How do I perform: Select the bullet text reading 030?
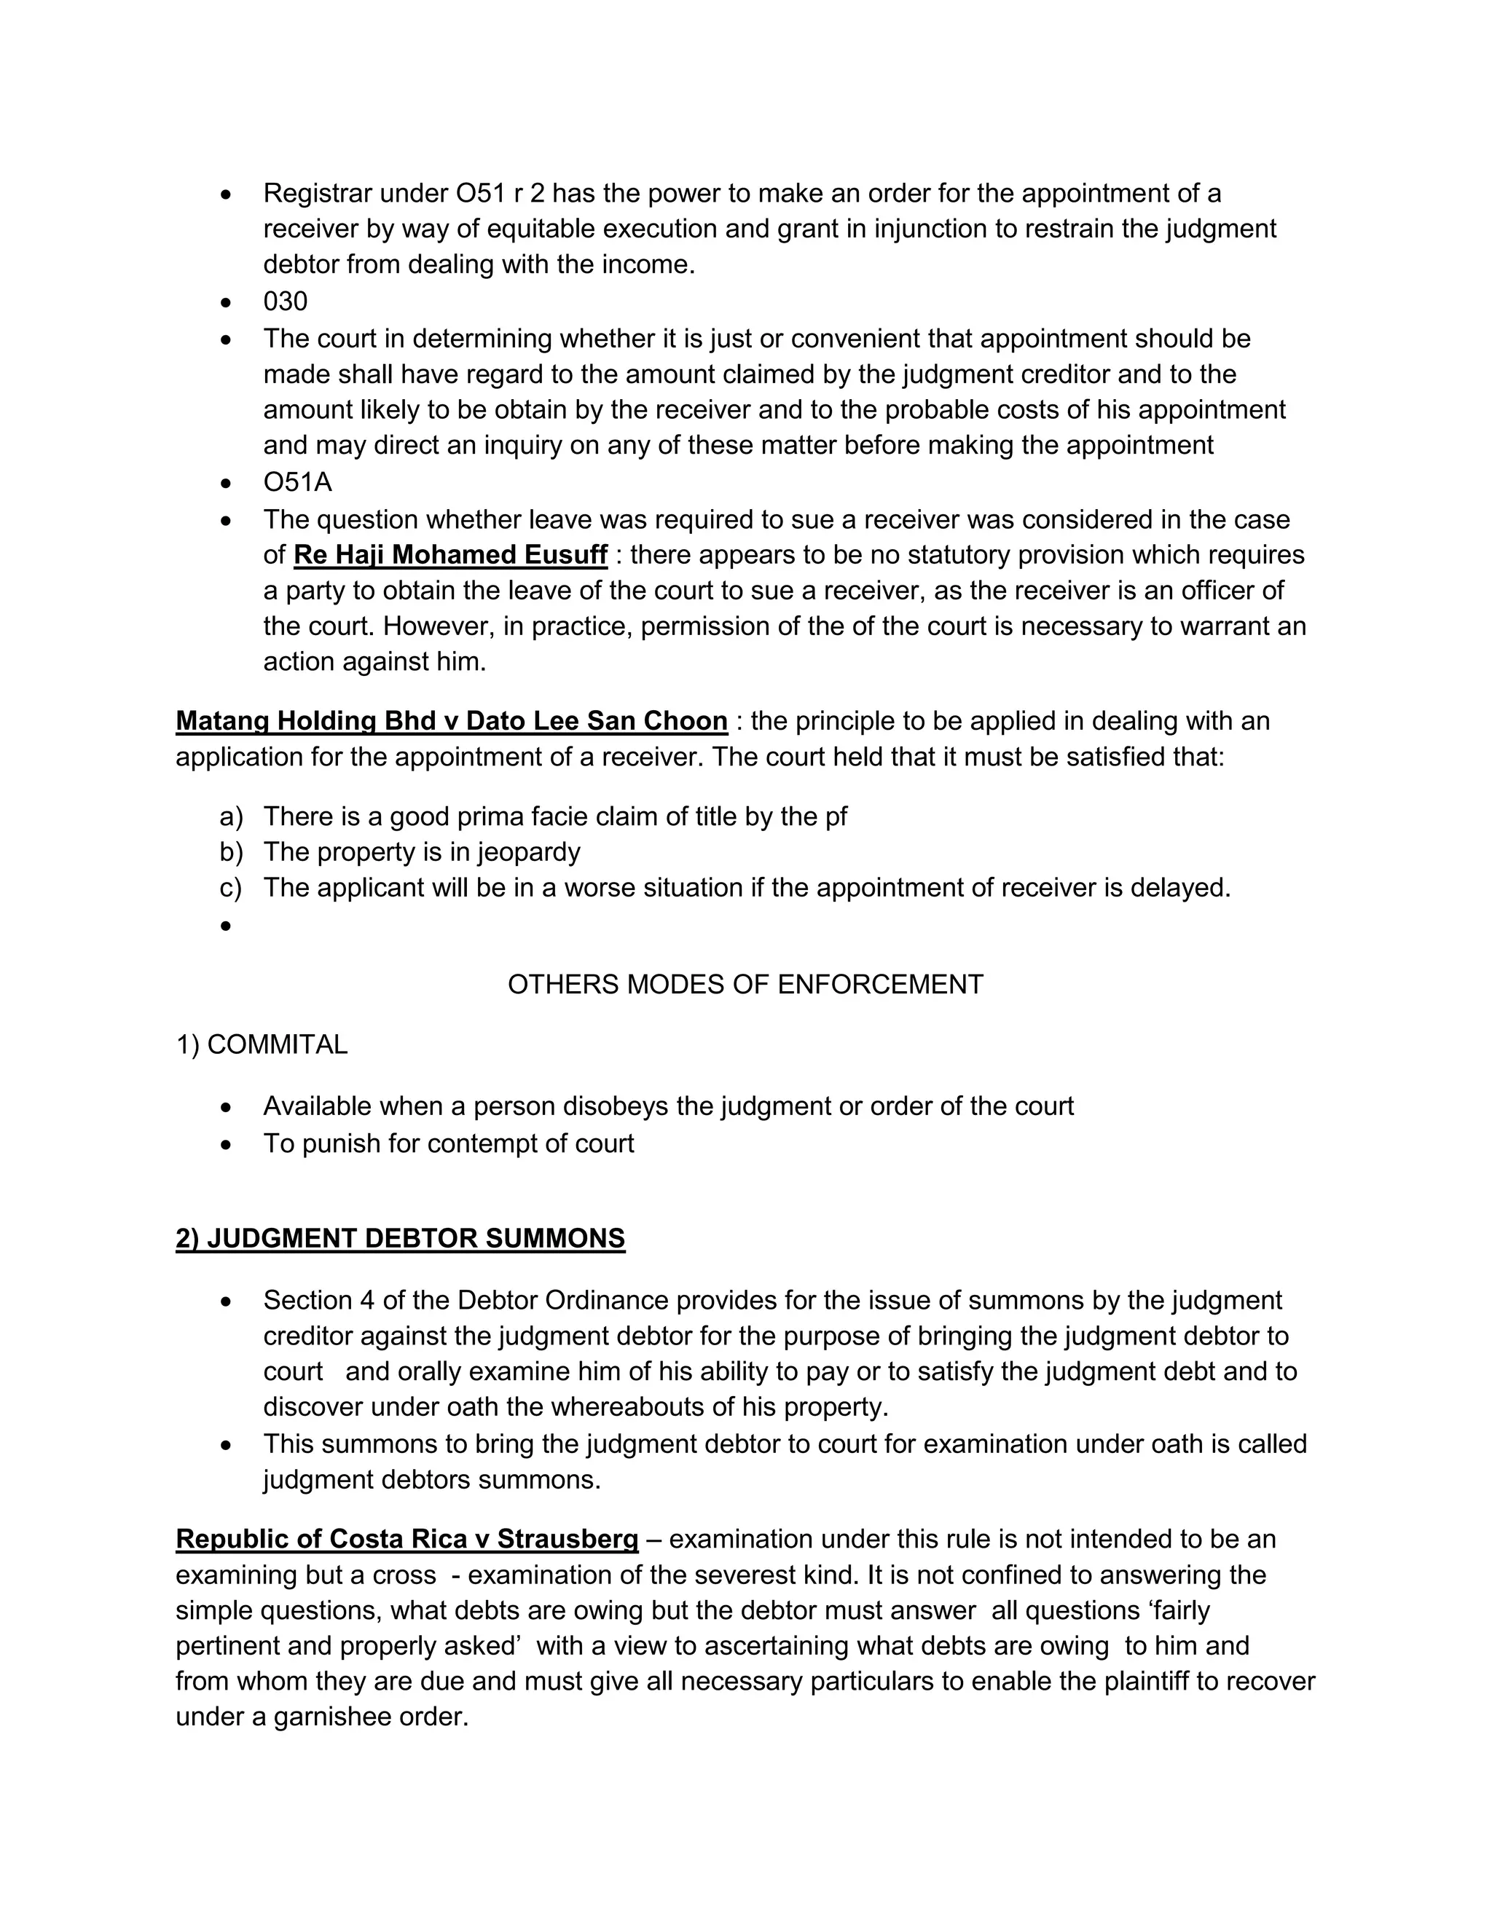tap(285, 302)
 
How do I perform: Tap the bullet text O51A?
tap(297, 482)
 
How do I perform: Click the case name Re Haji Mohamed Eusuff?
tap(450, 555)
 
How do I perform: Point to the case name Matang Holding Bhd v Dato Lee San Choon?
tap(451, 721)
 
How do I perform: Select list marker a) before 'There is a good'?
tap(231, 816)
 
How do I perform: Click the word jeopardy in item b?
tap(529, 852)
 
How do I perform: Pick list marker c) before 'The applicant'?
tap(231, 887)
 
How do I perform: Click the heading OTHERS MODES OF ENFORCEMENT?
tap(745, 985)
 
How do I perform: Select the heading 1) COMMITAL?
tap(262, 1044)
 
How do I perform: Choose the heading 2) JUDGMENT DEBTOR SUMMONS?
tap(401, 1239)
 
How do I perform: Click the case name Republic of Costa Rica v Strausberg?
tap(407, 1540)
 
